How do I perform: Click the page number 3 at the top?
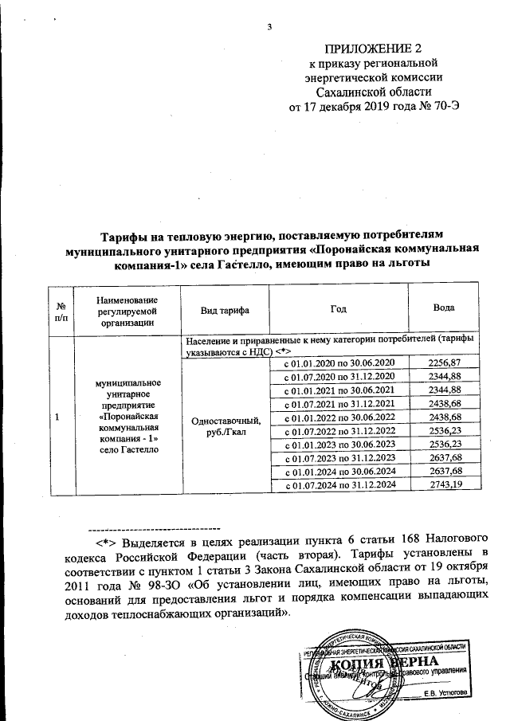click(x=270, y=28)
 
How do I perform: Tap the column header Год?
click(x=339, y=310)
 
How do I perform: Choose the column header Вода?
click(x=444, y=310)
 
